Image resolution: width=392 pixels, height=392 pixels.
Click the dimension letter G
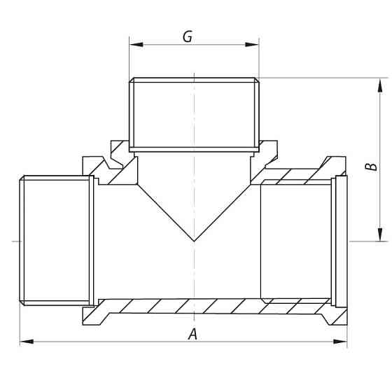(x=188, y=36)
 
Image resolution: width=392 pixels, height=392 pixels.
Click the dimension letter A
(x=193, y=335)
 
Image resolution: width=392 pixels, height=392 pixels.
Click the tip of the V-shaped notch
(x=193, y=241)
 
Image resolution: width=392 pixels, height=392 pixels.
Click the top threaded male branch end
(x=193, y=112)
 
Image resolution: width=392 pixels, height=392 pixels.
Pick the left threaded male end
(x=55, y=240)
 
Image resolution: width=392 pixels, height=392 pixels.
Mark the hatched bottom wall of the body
(x=210, y=306)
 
